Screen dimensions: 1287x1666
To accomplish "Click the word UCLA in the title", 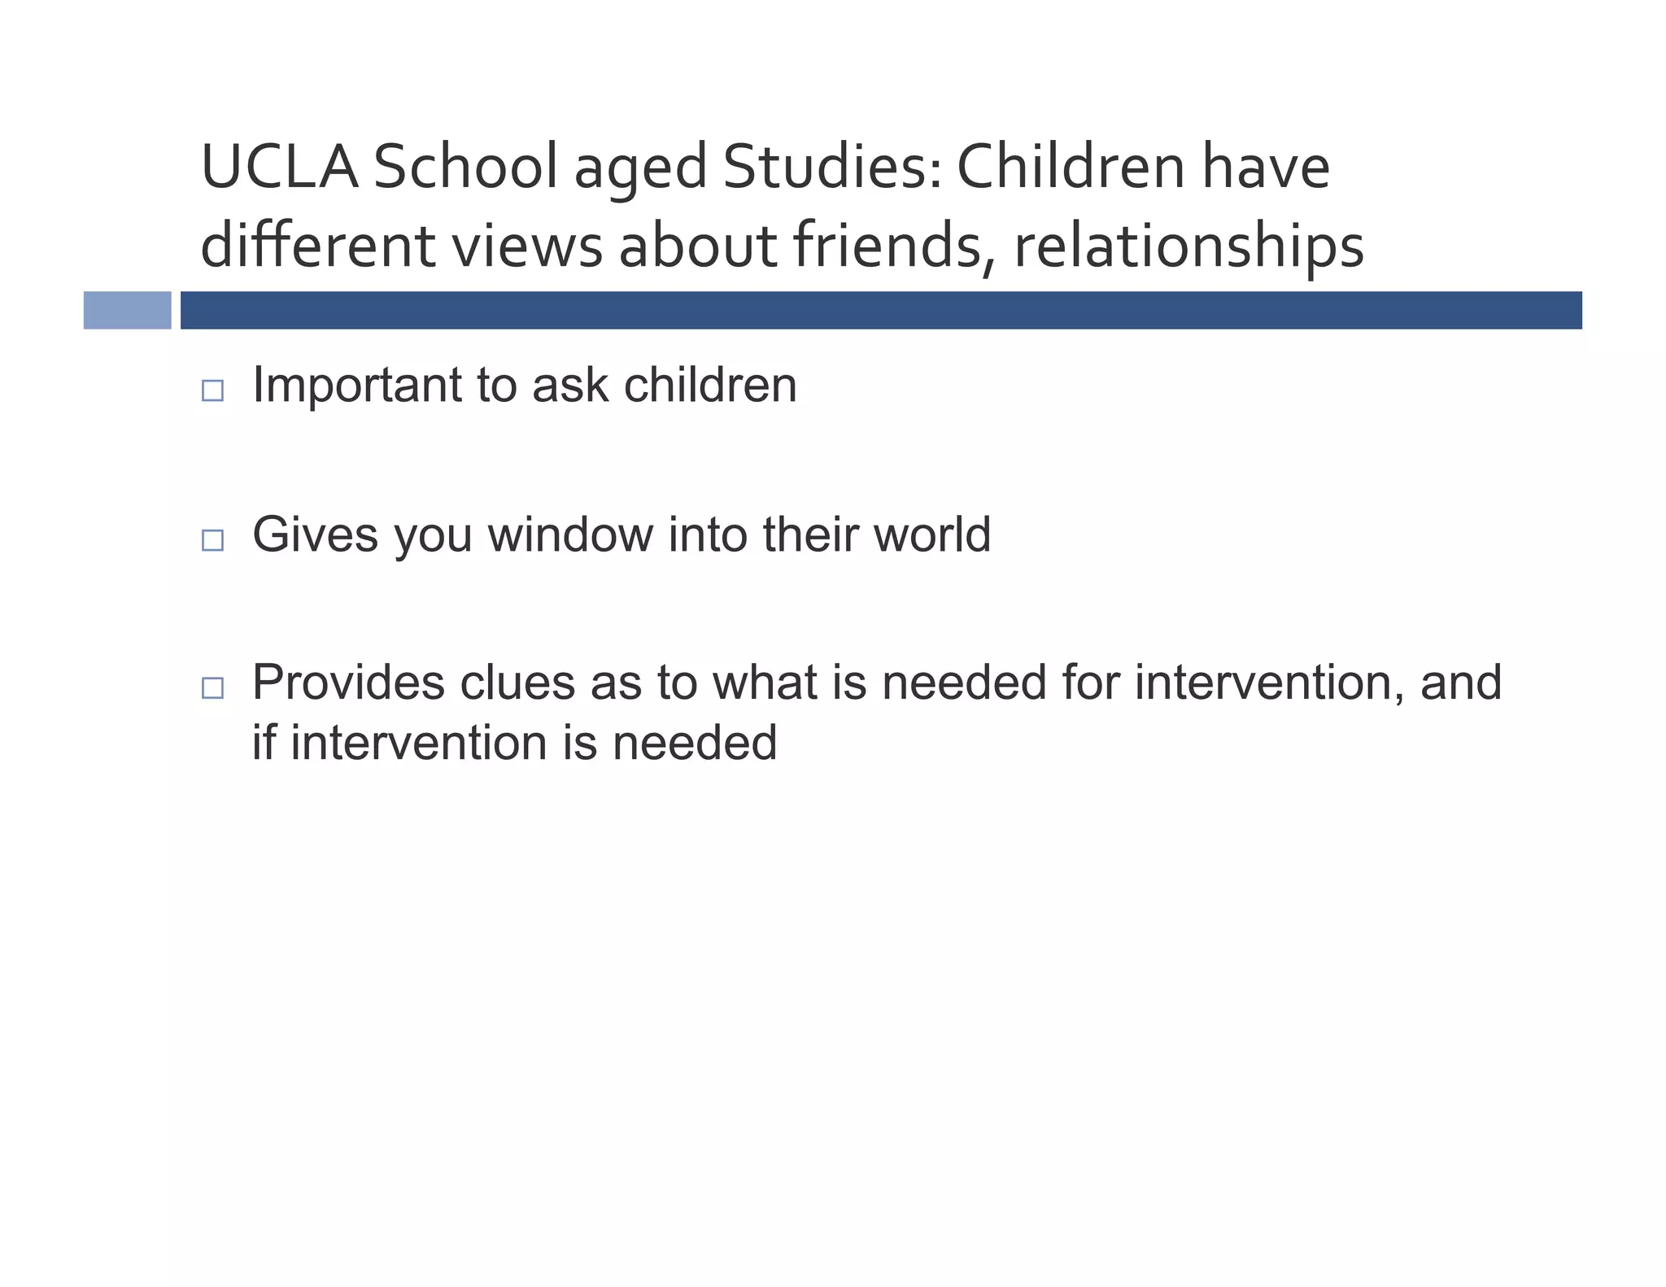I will point(279,167).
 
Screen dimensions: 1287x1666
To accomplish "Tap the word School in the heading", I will point(465,167).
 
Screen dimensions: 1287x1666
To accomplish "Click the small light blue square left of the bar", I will point(128,310).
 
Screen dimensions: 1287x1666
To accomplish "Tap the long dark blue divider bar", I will point(881,310).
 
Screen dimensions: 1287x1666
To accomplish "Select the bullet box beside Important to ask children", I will point(212,390).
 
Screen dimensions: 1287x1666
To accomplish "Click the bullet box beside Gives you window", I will point(212,540).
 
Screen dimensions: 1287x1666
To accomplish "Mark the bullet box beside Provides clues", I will point(212,688).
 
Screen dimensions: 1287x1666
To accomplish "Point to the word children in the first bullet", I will point(710,385).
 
